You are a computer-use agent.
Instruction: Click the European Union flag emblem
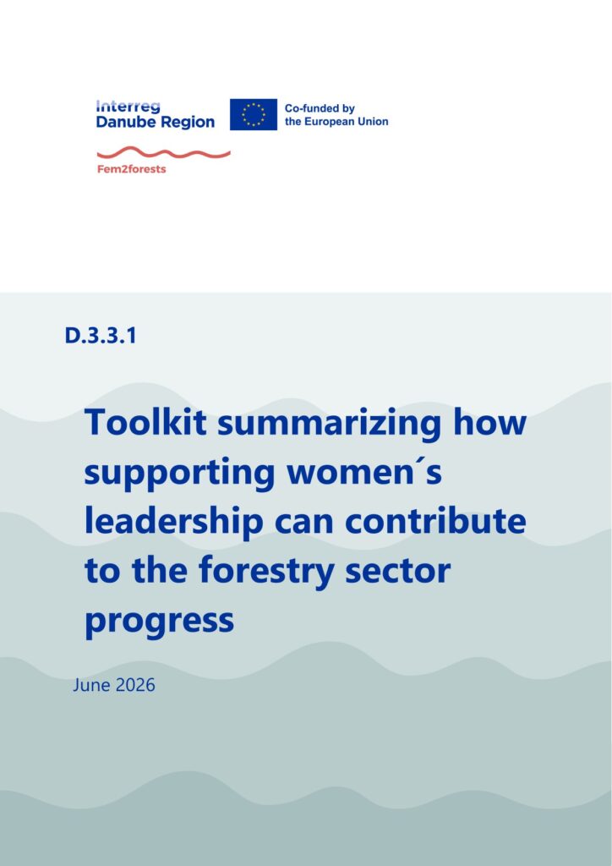coord(254,114)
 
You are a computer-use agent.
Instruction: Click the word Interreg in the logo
coord(128,107)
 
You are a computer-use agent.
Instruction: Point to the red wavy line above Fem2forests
coord(163,153)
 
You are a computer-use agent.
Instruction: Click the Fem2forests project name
coord(131,169)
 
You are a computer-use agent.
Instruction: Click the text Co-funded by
coord(320,109)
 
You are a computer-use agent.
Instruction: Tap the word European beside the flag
coord(328,122)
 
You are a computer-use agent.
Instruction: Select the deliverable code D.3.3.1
coord(101,335)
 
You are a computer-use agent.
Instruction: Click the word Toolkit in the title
coord(146,422)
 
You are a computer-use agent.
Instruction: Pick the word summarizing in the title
coord(330,425)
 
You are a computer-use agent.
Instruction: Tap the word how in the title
coord(489,422)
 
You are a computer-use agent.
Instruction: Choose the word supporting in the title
coord(180,474)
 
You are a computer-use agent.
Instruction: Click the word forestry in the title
coord(266,573)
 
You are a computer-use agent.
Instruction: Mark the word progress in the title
coord(160,622)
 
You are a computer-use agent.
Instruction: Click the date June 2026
coord(114,685)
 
